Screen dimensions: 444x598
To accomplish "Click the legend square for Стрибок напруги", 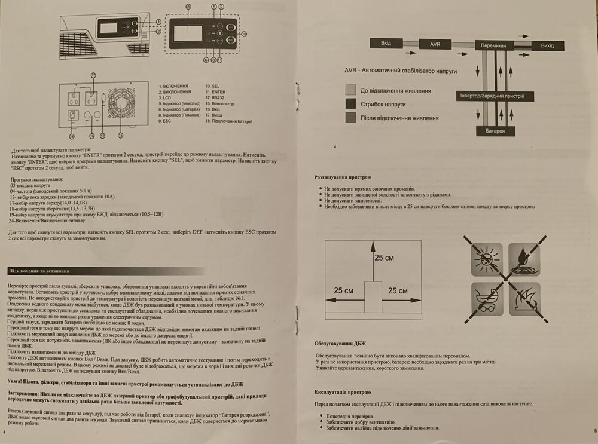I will [x=350, y=104].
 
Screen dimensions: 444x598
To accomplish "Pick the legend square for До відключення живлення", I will [x=350, y=90].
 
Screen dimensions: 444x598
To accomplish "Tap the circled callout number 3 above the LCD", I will [x=188, y=6].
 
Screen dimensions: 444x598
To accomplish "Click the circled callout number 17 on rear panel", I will [x=93, y=75].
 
